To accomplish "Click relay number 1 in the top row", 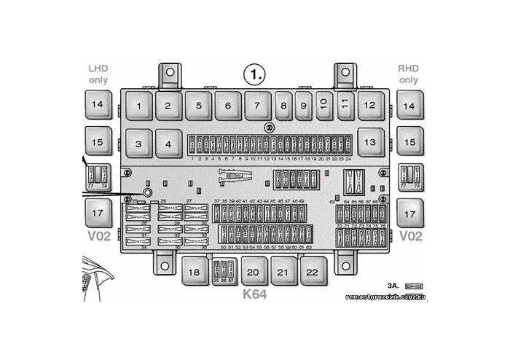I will click(x=138, y=106).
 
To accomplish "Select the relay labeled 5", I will click(x=197, y=106).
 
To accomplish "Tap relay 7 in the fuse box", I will click(x=256, y=106).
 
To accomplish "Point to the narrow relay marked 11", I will click(x=345, y=106).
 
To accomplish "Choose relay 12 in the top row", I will click(x=370, y=106).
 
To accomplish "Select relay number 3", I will click(x=138, y=144).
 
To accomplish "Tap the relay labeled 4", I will click(x=168, y=144).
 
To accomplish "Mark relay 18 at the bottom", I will click(x=194, y=272).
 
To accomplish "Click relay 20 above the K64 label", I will click(x=253, y=272).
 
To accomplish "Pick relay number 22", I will click(x=312, y=272).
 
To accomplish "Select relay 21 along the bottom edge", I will click(x=283, y=272).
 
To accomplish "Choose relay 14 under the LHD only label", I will click(x=98, y=106).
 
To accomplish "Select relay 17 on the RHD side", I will click(x=410, y=214).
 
